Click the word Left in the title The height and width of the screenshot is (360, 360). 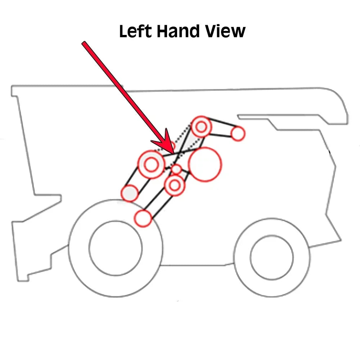point(135,31)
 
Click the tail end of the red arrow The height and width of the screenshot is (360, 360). point(84,43)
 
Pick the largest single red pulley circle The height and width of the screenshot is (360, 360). point(205,165)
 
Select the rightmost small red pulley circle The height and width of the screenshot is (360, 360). point(238,134)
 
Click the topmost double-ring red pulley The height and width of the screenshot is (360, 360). point(201,127)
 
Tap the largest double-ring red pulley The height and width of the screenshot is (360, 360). point(151,164)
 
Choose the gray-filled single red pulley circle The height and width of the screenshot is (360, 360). point(130,193)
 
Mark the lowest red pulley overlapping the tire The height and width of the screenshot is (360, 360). point(143,218)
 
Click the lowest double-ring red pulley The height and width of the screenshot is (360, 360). point(175,185)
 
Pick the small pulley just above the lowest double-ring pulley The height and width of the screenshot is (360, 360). point(176,170)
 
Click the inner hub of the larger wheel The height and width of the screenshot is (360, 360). point(116,248)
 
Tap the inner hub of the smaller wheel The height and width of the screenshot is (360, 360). point(272,257)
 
